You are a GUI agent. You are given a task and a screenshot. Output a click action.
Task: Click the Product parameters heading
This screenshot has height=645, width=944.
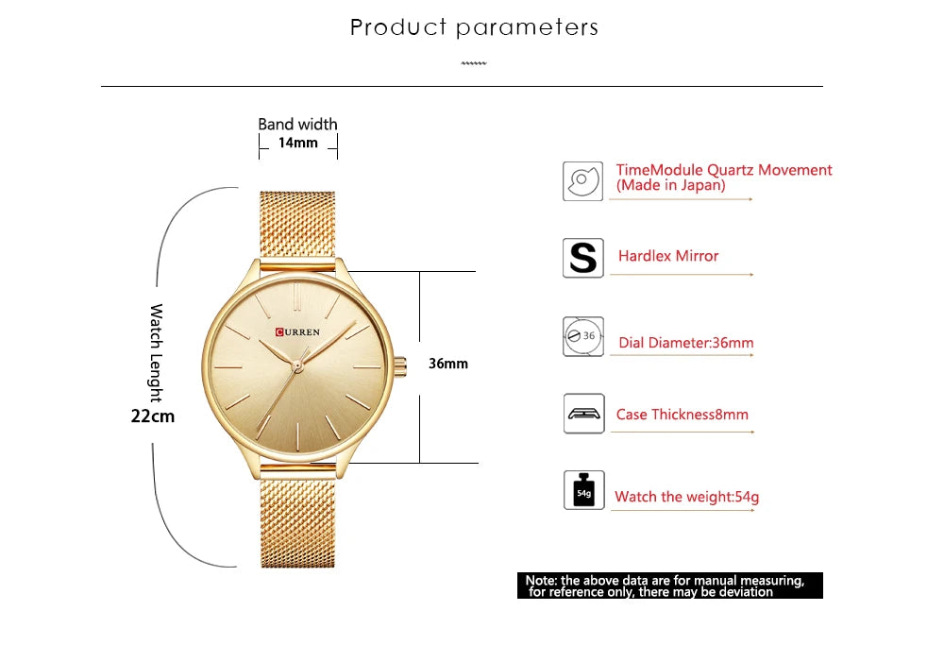(x=474, y=27)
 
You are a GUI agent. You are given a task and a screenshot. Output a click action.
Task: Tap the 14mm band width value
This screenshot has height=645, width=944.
(x=297, y=144)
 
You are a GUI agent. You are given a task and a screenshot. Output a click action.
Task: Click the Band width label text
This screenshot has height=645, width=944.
(x=297, y=124)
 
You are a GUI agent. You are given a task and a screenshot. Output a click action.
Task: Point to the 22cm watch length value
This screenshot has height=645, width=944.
(x=153, y=415)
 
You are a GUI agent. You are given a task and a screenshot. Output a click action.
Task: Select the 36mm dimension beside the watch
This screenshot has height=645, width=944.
(x=448, y=364)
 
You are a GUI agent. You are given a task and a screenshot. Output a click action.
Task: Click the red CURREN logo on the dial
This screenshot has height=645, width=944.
(x=298, y=331)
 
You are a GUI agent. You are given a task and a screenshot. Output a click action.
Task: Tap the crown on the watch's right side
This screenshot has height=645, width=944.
(x=400, y=364)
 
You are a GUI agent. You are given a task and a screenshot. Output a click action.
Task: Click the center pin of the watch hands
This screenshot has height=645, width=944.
(x=296, y=364)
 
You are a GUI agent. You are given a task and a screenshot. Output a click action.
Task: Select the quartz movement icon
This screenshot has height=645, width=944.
(x=582, y=179)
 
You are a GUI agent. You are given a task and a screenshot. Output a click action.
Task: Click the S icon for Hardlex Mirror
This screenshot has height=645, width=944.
(x=582, y=257)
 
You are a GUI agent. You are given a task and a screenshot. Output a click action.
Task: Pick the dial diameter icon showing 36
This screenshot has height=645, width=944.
(x=582, y=336)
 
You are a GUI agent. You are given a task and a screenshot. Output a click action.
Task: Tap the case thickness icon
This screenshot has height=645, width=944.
(x=582, y=414)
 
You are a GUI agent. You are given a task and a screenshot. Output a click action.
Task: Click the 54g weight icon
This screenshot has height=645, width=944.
(x=582, y=491)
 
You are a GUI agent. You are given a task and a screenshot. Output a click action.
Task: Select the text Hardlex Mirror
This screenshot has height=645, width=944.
(x=668, y=256)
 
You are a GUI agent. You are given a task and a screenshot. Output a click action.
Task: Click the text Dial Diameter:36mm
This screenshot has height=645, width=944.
(x=686, y=343)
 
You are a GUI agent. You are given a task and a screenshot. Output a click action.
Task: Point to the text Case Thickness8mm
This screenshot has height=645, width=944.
(x=683, y=415)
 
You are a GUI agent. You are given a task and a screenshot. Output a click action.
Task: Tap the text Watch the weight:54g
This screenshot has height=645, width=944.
(x=686, y=497)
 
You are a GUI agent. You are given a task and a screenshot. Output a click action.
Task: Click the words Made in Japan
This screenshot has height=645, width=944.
(x=671, y=186)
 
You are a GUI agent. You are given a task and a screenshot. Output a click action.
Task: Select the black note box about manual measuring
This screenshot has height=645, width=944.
(x=669, y=586)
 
